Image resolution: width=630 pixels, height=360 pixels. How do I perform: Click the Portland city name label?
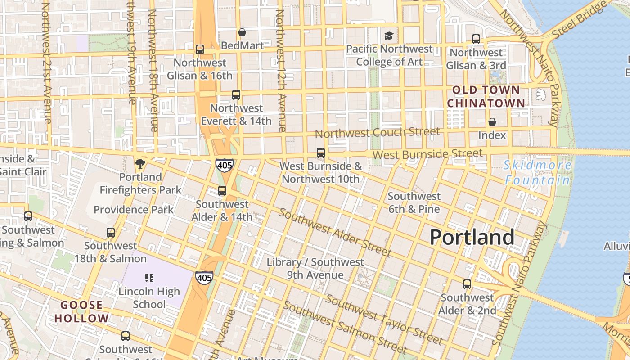click(472, 237)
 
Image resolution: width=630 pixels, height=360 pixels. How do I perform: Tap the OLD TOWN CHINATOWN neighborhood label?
click(486, 96)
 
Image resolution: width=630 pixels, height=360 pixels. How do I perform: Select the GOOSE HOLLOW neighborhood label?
click(82, 311)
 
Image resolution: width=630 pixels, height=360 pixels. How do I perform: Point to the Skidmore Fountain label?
click(537, 173)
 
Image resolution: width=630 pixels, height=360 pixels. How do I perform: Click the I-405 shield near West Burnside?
click(224, 165)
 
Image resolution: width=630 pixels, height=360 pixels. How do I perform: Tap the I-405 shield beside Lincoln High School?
click(204, 278)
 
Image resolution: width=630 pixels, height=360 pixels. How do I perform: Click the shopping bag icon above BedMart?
click(242, 32)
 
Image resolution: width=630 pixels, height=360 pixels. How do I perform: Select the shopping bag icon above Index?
click(492, 122)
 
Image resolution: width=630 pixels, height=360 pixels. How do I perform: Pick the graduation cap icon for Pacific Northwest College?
click(388, 36)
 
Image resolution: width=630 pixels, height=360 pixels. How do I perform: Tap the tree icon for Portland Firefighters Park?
click(140, 163)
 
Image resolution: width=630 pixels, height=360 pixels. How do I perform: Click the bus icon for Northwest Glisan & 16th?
click(200, 49)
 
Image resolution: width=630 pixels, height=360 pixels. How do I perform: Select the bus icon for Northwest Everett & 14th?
click(236, 95)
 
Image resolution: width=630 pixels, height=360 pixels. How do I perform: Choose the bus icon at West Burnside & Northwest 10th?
click(320, 153)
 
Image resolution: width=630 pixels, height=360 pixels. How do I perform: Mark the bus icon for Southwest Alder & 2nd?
click(467, 284)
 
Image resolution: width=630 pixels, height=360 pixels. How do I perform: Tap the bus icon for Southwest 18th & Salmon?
click(111, 233)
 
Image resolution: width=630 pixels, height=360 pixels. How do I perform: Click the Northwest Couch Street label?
click(377, 132)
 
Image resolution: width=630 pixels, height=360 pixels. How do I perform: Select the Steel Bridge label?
click(579, 20)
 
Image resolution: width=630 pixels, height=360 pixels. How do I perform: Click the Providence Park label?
click(133, 209)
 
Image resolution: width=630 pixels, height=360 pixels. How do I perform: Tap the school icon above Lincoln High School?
click(149, 278)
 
